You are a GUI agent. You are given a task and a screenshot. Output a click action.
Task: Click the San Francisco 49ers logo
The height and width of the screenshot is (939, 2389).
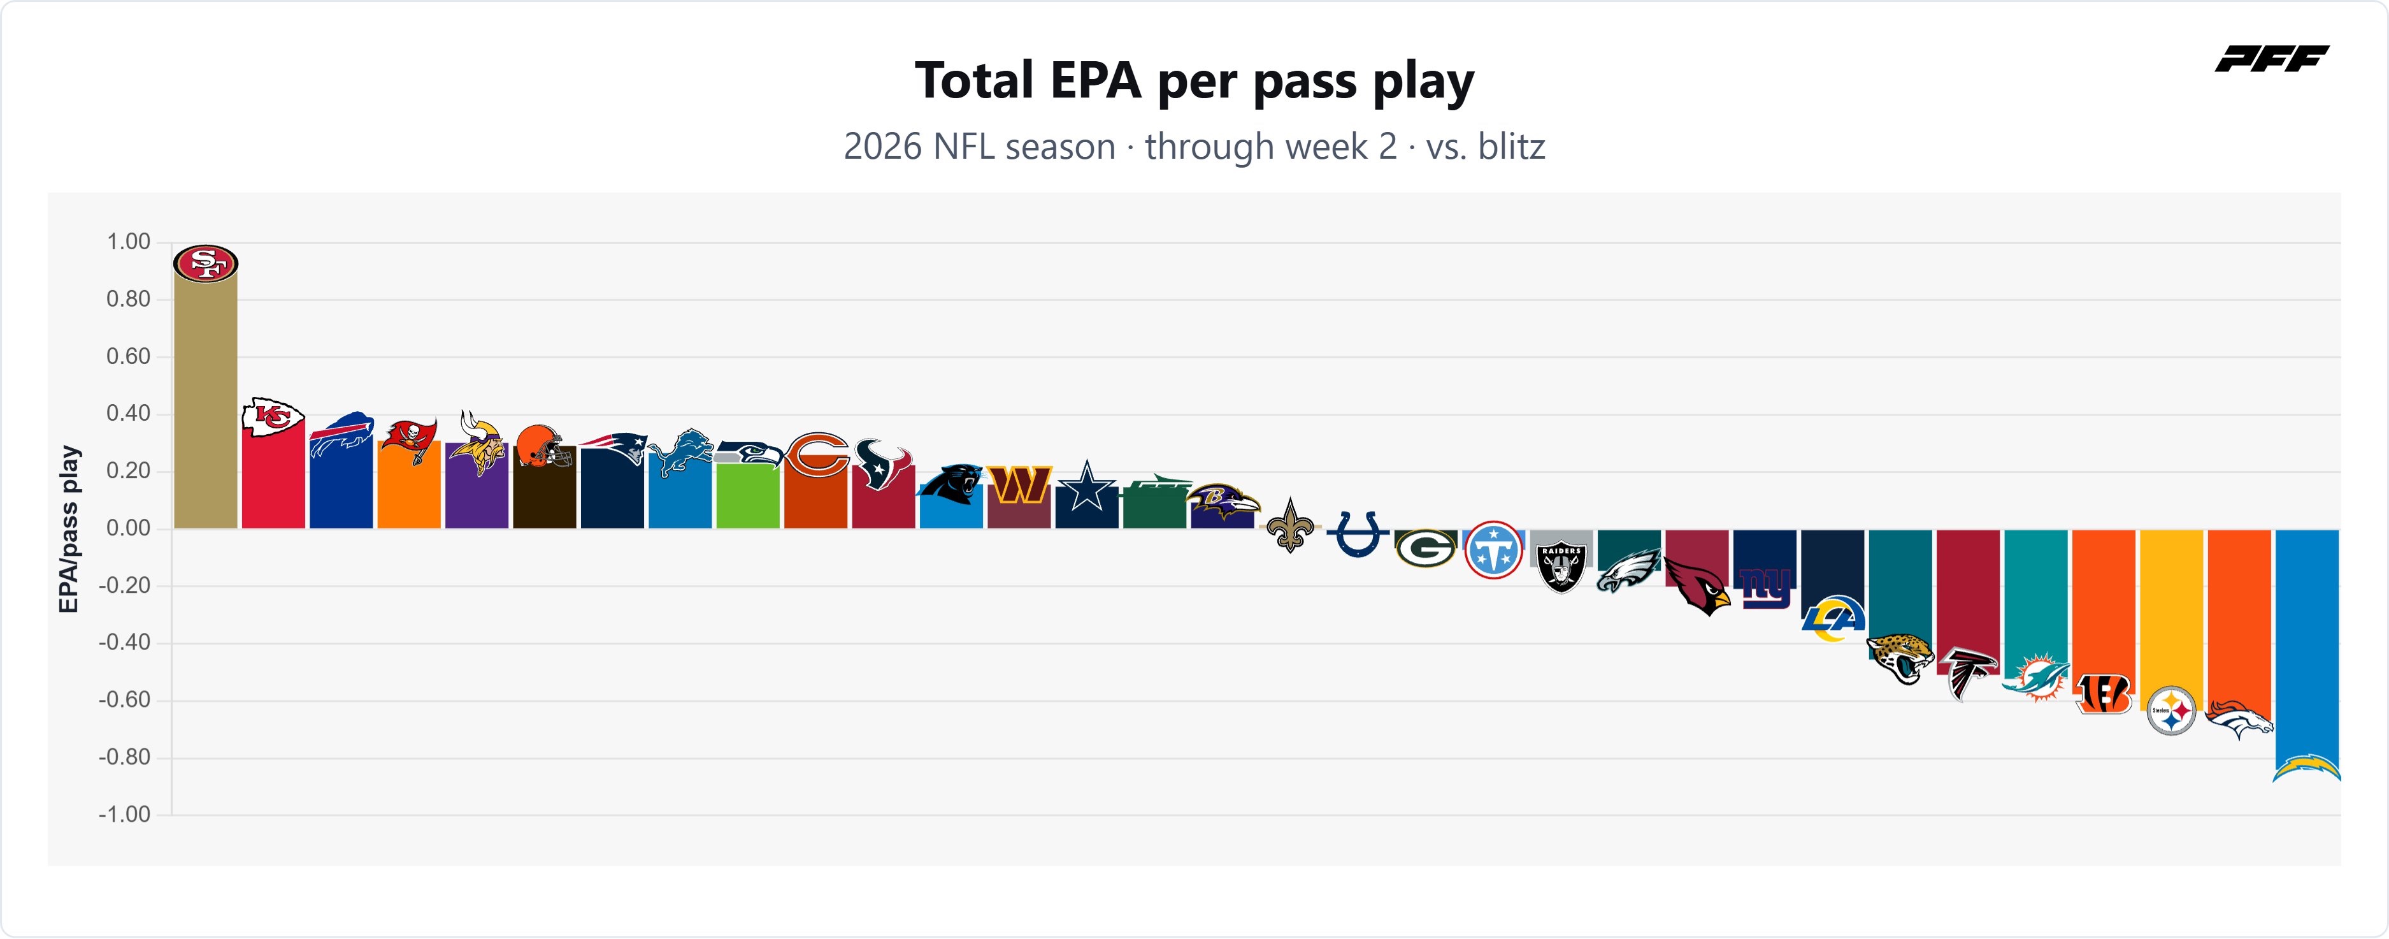(206, 263)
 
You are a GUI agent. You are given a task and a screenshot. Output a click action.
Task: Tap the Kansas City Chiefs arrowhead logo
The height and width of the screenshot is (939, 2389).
(273, 418)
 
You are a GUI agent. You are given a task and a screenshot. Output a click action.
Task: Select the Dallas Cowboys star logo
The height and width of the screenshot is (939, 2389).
(1087, 486)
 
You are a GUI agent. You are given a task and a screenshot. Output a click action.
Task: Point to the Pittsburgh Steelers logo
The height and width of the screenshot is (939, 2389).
(2171, 711)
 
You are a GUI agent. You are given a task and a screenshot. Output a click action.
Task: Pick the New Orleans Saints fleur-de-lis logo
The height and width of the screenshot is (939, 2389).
(1290, 525)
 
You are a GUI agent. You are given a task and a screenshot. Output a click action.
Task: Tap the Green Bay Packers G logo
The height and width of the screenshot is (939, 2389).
(1425, 548)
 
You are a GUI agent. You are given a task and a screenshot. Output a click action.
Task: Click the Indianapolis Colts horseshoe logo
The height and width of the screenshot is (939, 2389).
(1358, 534)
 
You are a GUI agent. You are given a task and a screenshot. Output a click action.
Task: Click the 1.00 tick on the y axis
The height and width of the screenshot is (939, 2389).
(128, 242)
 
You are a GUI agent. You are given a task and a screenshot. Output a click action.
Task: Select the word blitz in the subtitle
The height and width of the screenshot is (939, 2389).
(1512, 147)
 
